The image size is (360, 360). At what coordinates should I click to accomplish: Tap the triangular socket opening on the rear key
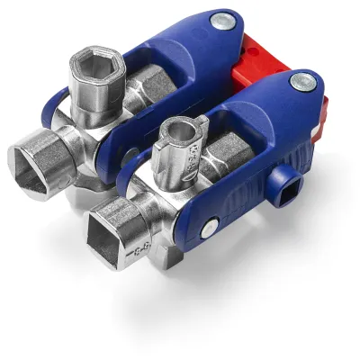coord(34,165)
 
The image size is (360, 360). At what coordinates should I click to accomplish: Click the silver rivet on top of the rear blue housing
coord(221,20)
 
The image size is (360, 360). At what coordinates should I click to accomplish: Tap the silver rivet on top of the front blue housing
coord(298,83)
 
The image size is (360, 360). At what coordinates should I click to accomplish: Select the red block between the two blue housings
coord(256,67)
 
